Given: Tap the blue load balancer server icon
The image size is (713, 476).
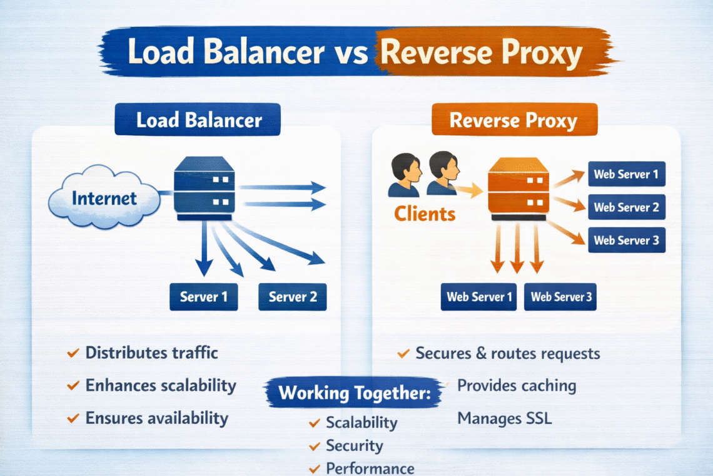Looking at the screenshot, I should [x=204, y=188].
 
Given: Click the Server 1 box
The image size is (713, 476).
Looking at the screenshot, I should [x=204, y=297].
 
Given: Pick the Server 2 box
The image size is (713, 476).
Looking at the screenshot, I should [x=292, y=297].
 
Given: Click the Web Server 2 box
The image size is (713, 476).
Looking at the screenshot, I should [x=626, y=207].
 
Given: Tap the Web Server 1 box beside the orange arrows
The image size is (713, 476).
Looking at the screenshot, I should [x=626, y=174].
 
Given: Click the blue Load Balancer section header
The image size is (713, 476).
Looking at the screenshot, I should [x=198, y=120].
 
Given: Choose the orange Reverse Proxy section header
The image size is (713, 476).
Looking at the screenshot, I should [x=514, y=120].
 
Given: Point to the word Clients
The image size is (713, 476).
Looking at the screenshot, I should [x=425, y=214].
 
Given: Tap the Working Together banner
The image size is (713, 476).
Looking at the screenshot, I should [x=355, y=394].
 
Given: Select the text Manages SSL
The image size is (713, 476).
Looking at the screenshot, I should [x=505, y=418].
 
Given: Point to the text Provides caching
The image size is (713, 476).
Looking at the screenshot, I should [x=517, y=385].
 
